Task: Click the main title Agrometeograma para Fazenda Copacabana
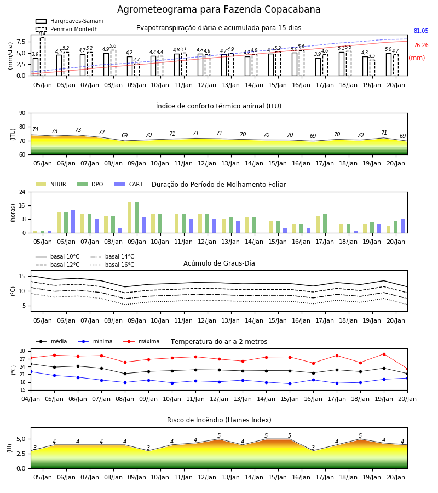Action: pyautogui.click(x=218, y=9)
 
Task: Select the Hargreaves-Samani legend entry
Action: pyautogui.click(x=69, y=21)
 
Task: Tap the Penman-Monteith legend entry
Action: pyautogui.click(x=67, y=29)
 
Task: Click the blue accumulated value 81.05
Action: pyautogui.click(x=421, y=31)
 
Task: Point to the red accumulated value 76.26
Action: pyautogui.click(x=421, y=45)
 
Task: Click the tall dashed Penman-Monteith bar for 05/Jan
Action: pyautogui.click(x=43, y=56)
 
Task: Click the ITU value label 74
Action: pyautogui.click(x=35, y=129)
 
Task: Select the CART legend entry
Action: pyautogui.click(x=129, y=184)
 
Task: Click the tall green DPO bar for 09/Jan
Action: pyautogui.click(x=137, y=217)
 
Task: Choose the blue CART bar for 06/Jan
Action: pyautogui.click(x=73, y=222)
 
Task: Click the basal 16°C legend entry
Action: pyautogui.click(x=112, y=265)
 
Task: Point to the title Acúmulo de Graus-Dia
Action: pyautogui.click(x=219, y=263)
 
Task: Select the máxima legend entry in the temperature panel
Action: pyautogui.click(x=141, y=341)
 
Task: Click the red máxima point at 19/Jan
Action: pyautogui.click(x=384, y=354)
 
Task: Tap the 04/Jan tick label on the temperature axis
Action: pyautogui.click(x=31, y=399)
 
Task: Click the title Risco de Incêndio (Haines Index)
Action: pyautogui.click(x=219, y=420)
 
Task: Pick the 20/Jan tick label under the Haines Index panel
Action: pyautogui.click(x=396, y=477)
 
